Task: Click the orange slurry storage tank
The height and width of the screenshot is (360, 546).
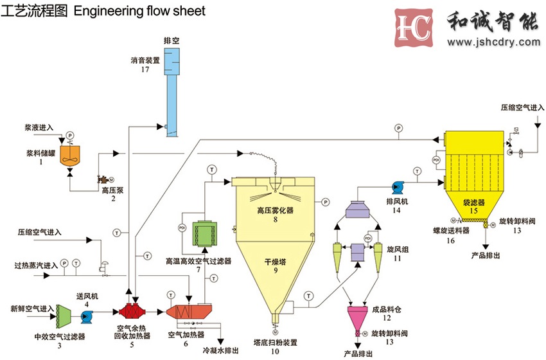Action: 69,154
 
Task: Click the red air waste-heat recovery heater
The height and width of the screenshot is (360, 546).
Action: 131,313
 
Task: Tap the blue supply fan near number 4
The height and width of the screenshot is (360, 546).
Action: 87,315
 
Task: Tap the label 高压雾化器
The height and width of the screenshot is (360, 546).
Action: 275,210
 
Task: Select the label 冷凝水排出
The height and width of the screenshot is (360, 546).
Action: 221,350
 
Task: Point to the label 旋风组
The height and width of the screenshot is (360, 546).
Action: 398,248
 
